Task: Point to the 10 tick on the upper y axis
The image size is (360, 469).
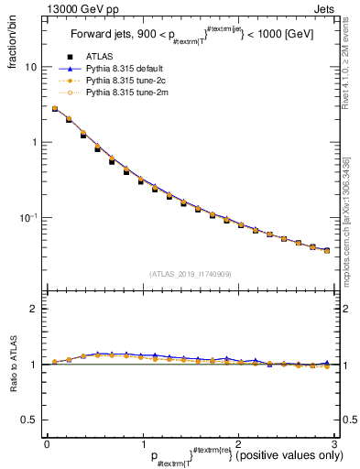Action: [29, 67]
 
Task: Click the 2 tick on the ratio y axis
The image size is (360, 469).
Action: [33, 309]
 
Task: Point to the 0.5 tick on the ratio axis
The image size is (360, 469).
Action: [28, 420]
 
